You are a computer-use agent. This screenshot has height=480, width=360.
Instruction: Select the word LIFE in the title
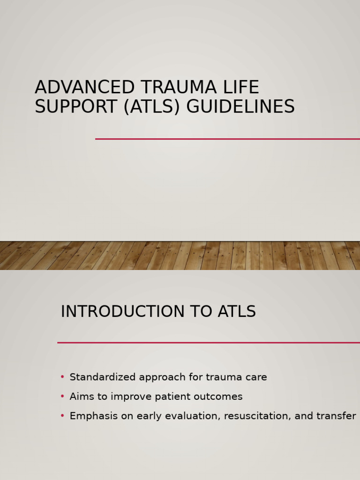point(241,88)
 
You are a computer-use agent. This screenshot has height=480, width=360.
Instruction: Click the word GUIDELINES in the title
point(240,107)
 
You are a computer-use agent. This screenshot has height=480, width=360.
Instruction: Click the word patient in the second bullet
point(177,397)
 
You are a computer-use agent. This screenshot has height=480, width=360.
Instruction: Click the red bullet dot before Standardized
point(62,377)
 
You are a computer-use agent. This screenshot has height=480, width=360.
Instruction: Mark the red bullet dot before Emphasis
point(62,416)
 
